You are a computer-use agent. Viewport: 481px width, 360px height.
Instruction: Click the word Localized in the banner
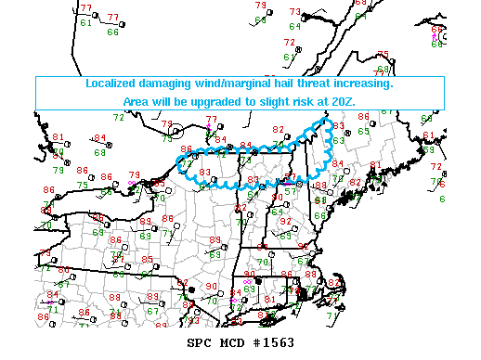click(x=111, y=83)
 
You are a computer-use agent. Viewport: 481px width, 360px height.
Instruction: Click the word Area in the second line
click(x=137, y=100)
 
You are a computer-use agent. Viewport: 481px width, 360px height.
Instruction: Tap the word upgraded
click(x=220, y=100)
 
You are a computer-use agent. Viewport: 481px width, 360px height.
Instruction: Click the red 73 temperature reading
click(x=295, y=12)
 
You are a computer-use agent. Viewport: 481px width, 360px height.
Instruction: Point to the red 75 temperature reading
click(x=383, y=55)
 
